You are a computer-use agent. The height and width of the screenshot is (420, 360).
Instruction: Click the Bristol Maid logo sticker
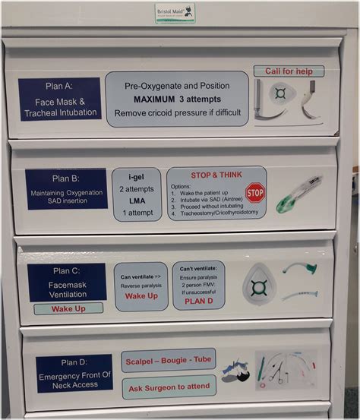tap(175, 12)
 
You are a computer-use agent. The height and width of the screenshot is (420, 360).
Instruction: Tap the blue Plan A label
tap(59, 99)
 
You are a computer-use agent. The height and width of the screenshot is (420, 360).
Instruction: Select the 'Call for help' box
tap(289, 71)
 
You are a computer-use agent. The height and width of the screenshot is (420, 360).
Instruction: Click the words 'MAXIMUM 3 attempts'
tap(176, 99)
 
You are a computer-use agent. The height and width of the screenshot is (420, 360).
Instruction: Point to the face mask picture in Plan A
tap(281, 96)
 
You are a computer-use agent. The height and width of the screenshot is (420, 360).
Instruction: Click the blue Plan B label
tap(66, 189)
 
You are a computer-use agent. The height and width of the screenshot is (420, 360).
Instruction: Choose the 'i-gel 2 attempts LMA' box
tap(137, 194)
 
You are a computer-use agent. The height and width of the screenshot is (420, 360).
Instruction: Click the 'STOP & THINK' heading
tap(216, 175)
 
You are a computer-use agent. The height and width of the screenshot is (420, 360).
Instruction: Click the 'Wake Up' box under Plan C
tap(68, 309)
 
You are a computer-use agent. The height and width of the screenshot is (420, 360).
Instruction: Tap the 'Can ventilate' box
tap(141, 286)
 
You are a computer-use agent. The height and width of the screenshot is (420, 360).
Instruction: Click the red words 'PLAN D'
tap(198, 302)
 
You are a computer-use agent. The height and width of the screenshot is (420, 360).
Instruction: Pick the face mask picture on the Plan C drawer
tap(259, 287)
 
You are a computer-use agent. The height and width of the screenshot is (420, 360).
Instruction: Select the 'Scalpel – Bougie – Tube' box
tap(169, 359)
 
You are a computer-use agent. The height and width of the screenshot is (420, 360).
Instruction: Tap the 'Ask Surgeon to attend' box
tap(169, 387)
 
